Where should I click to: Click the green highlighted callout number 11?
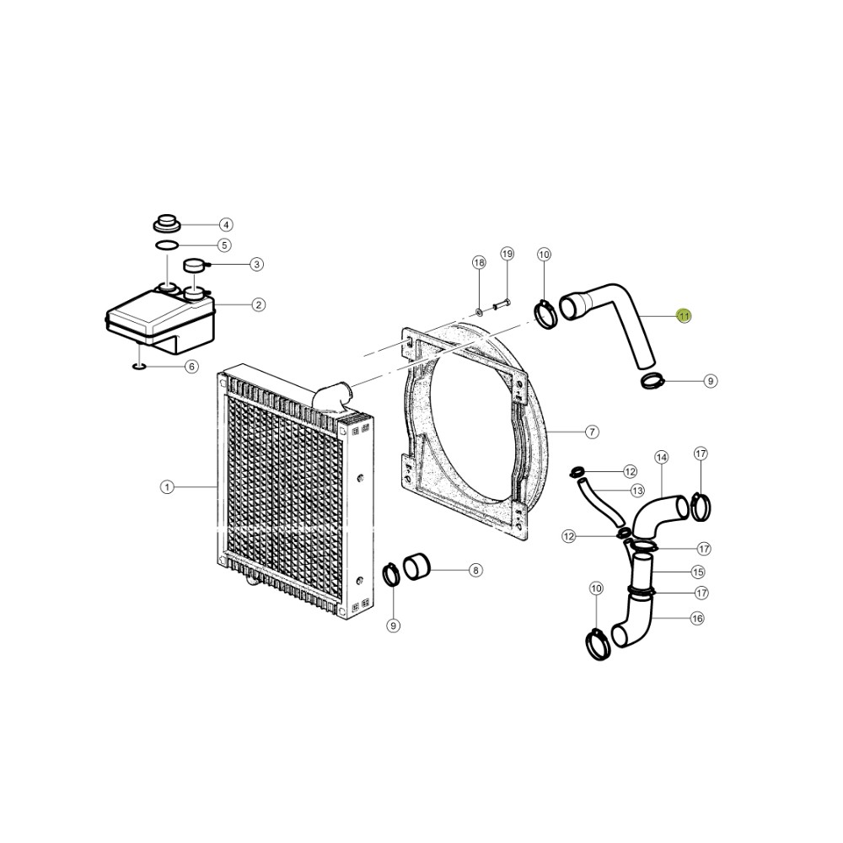coord(684,316)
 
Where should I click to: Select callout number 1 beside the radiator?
coord(167,487)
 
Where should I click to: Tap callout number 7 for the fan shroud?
coord(592,432)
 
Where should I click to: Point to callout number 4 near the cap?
coord(226,225)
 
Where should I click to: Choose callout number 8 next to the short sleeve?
coord(475,570)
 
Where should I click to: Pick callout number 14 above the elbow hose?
coord(661,458)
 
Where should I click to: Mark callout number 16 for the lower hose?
coord(697,619)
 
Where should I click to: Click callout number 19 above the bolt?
coord(507,254)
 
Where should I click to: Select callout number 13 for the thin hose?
coord(637,491)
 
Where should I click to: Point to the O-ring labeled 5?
coord(167,245)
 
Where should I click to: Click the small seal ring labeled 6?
coord(139,367)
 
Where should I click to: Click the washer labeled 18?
coord(479,311)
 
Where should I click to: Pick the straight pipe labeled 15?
coord(642,573)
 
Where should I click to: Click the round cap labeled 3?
coord(195,265)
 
